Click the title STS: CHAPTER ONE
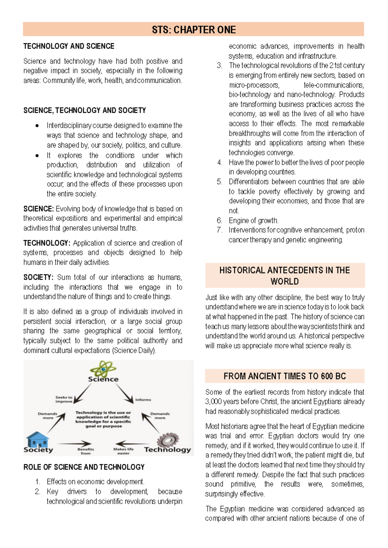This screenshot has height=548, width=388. [x=194, y=30]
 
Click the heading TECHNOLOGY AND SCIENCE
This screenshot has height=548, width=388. [x=69, y=46]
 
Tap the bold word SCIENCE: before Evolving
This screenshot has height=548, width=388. [x=38, y=209]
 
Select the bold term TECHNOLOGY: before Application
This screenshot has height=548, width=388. [x=47, y=243]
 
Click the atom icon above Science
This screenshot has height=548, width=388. [x=103, y=369]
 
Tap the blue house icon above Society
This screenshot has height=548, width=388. [x=38, y=439]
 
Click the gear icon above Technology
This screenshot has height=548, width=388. [x=168, y=440]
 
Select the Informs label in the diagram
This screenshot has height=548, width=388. [x=143, y=400]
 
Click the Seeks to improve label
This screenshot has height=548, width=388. [x=64, y=399]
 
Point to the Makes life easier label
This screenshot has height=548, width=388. [x=123, y=451]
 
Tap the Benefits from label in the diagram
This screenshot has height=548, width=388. [x=86, y=451]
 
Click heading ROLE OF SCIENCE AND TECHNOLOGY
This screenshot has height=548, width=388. [x=84, y=467]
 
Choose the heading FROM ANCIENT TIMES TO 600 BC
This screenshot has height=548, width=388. [x=285, y=376]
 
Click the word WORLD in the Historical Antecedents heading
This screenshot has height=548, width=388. [x=285, y=281]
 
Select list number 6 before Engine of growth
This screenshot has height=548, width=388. [x=219, y=221]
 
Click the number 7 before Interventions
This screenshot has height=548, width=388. [x=219, y=230]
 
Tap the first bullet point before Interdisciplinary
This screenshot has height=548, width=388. [x=37, y=126]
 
